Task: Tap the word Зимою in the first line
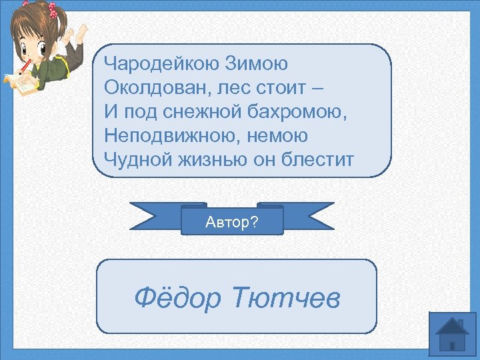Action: (257, 64)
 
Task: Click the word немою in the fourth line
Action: (281, 136)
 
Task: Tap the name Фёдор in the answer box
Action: (177, 297)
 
